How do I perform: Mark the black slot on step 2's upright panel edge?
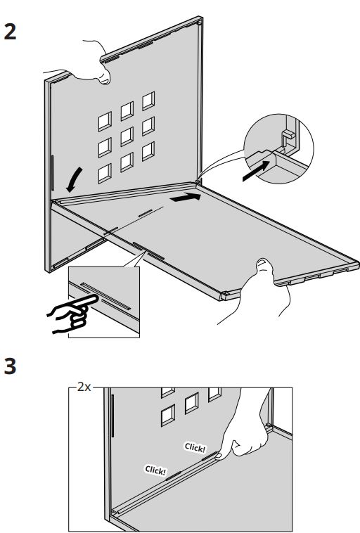tap(53, 172)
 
